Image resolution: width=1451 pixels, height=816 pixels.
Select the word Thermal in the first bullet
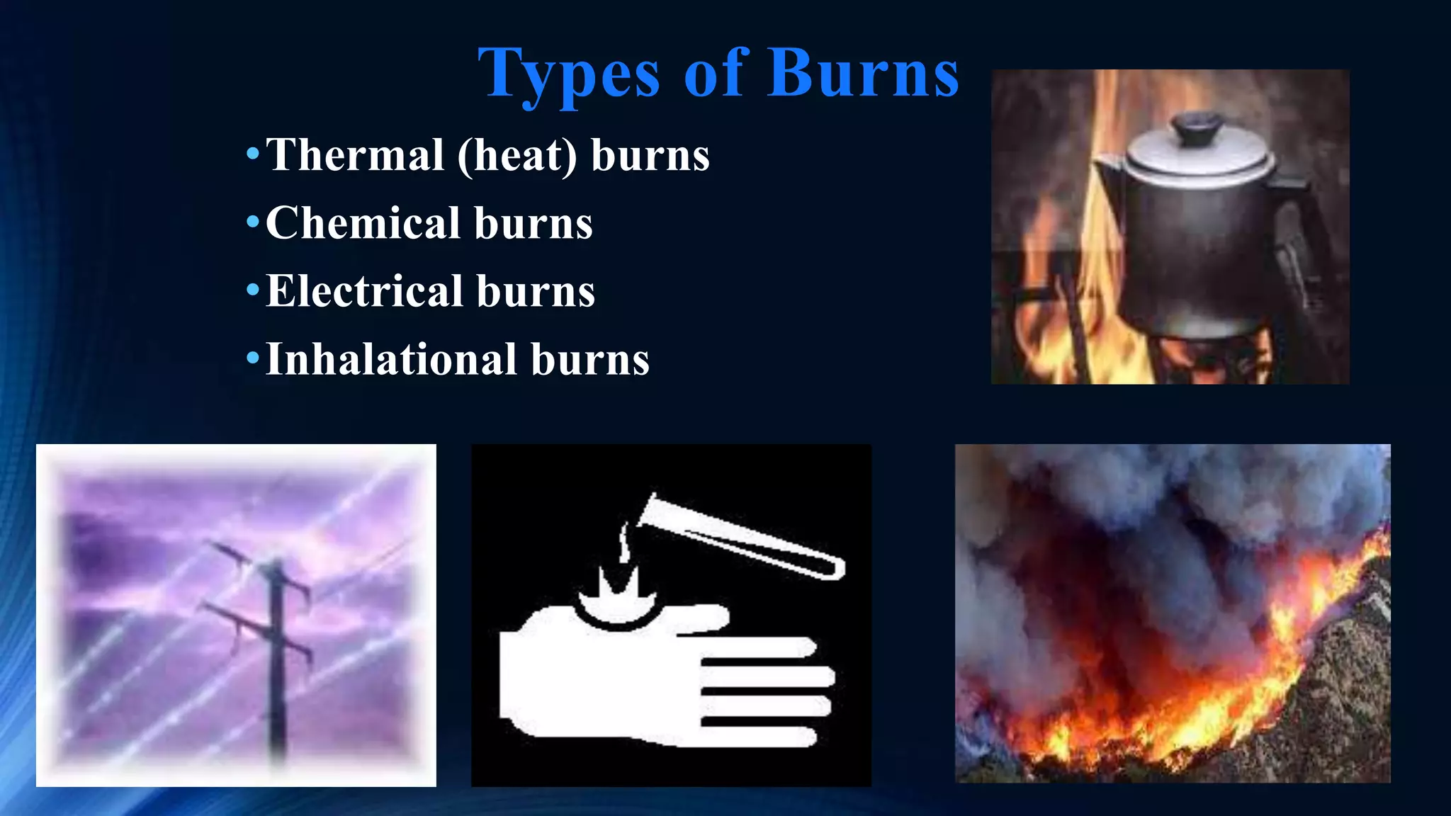[355, 155]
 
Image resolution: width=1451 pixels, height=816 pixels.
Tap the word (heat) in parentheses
[517, 156]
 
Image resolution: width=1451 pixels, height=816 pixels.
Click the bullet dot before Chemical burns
[253, 222]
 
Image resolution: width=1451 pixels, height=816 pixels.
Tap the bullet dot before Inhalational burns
[253, 358]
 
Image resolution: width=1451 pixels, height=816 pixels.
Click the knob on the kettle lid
[1195, 127]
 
